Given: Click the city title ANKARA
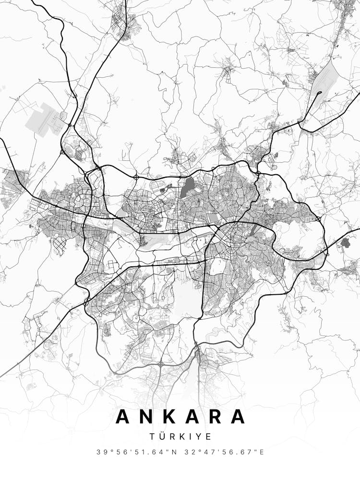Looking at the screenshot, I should point(180,416).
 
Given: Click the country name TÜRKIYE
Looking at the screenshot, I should point(180,436).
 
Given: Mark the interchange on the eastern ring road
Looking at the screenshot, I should point(318,219).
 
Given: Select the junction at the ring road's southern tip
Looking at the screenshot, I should point(196,345).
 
